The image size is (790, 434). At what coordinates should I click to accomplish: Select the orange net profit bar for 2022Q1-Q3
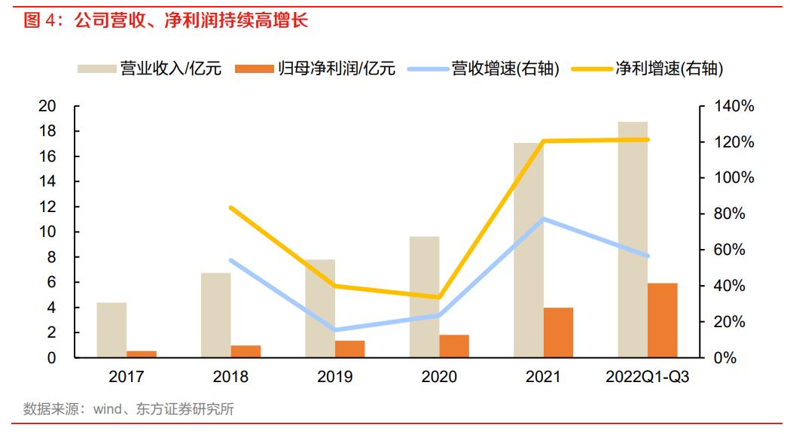663,320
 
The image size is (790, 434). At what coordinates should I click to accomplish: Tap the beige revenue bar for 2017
111,330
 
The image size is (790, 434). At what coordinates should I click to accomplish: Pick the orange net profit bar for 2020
454,346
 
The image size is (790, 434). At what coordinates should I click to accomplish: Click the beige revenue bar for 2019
320,308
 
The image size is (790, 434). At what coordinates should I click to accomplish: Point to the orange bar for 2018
246,351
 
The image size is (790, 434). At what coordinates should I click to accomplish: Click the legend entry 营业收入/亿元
150,69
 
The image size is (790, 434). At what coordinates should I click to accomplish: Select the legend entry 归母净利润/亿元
316,69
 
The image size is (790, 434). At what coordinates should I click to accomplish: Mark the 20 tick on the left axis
47,107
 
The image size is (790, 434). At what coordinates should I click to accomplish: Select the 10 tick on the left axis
47,232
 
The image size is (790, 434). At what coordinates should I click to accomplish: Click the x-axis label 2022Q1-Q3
647,377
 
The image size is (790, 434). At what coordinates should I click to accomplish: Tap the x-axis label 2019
334,377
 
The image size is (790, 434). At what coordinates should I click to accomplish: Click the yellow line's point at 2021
543,141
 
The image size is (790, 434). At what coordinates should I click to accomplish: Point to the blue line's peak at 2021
543,219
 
